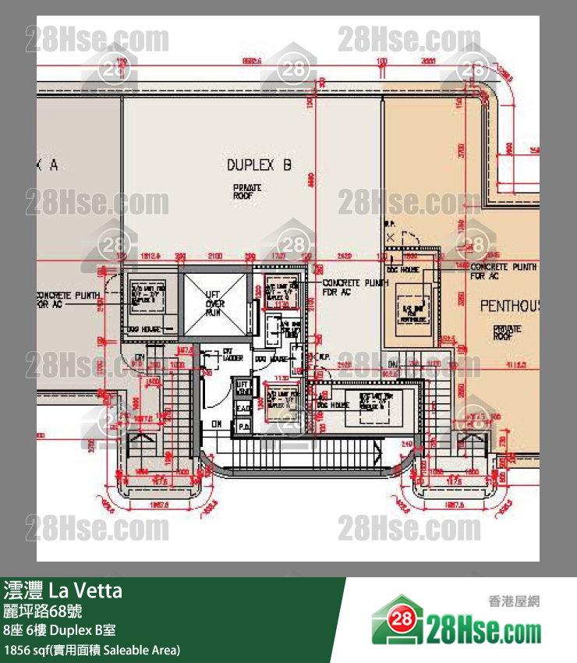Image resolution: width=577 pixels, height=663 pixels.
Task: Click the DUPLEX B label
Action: coord(260,165)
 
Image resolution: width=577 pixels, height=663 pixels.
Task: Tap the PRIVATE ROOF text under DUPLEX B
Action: coord(247,192)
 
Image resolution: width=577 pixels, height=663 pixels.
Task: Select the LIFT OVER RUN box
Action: coord(214,300)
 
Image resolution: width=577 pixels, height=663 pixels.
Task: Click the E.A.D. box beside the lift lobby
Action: coord(242,408)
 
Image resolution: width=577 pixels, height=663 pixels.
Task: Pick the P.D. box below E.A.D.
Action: coord(242,426)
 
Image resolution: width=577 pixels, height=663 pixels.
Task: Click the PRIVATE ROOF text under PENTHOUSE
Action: coord(508,335)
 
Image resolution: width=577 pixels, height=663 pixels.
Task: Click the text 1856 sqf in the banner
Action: coord(23,649)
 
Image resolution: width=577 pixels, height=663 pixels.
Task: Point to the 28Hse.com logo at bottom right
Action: coord(456,625)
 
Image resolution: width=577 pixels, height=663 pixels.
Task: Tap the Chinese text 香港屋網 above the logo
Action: coord(514,601)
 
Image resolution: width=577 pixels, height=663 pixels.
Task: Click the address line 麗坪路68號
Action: coord(42,611)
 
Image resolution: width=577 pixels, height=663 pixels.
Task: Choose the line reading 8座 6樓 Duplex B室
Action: coord(59,630)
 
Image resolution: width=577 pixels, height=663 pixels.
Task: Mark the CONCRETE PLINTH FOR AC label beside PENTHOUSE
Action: coord(503,271)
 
